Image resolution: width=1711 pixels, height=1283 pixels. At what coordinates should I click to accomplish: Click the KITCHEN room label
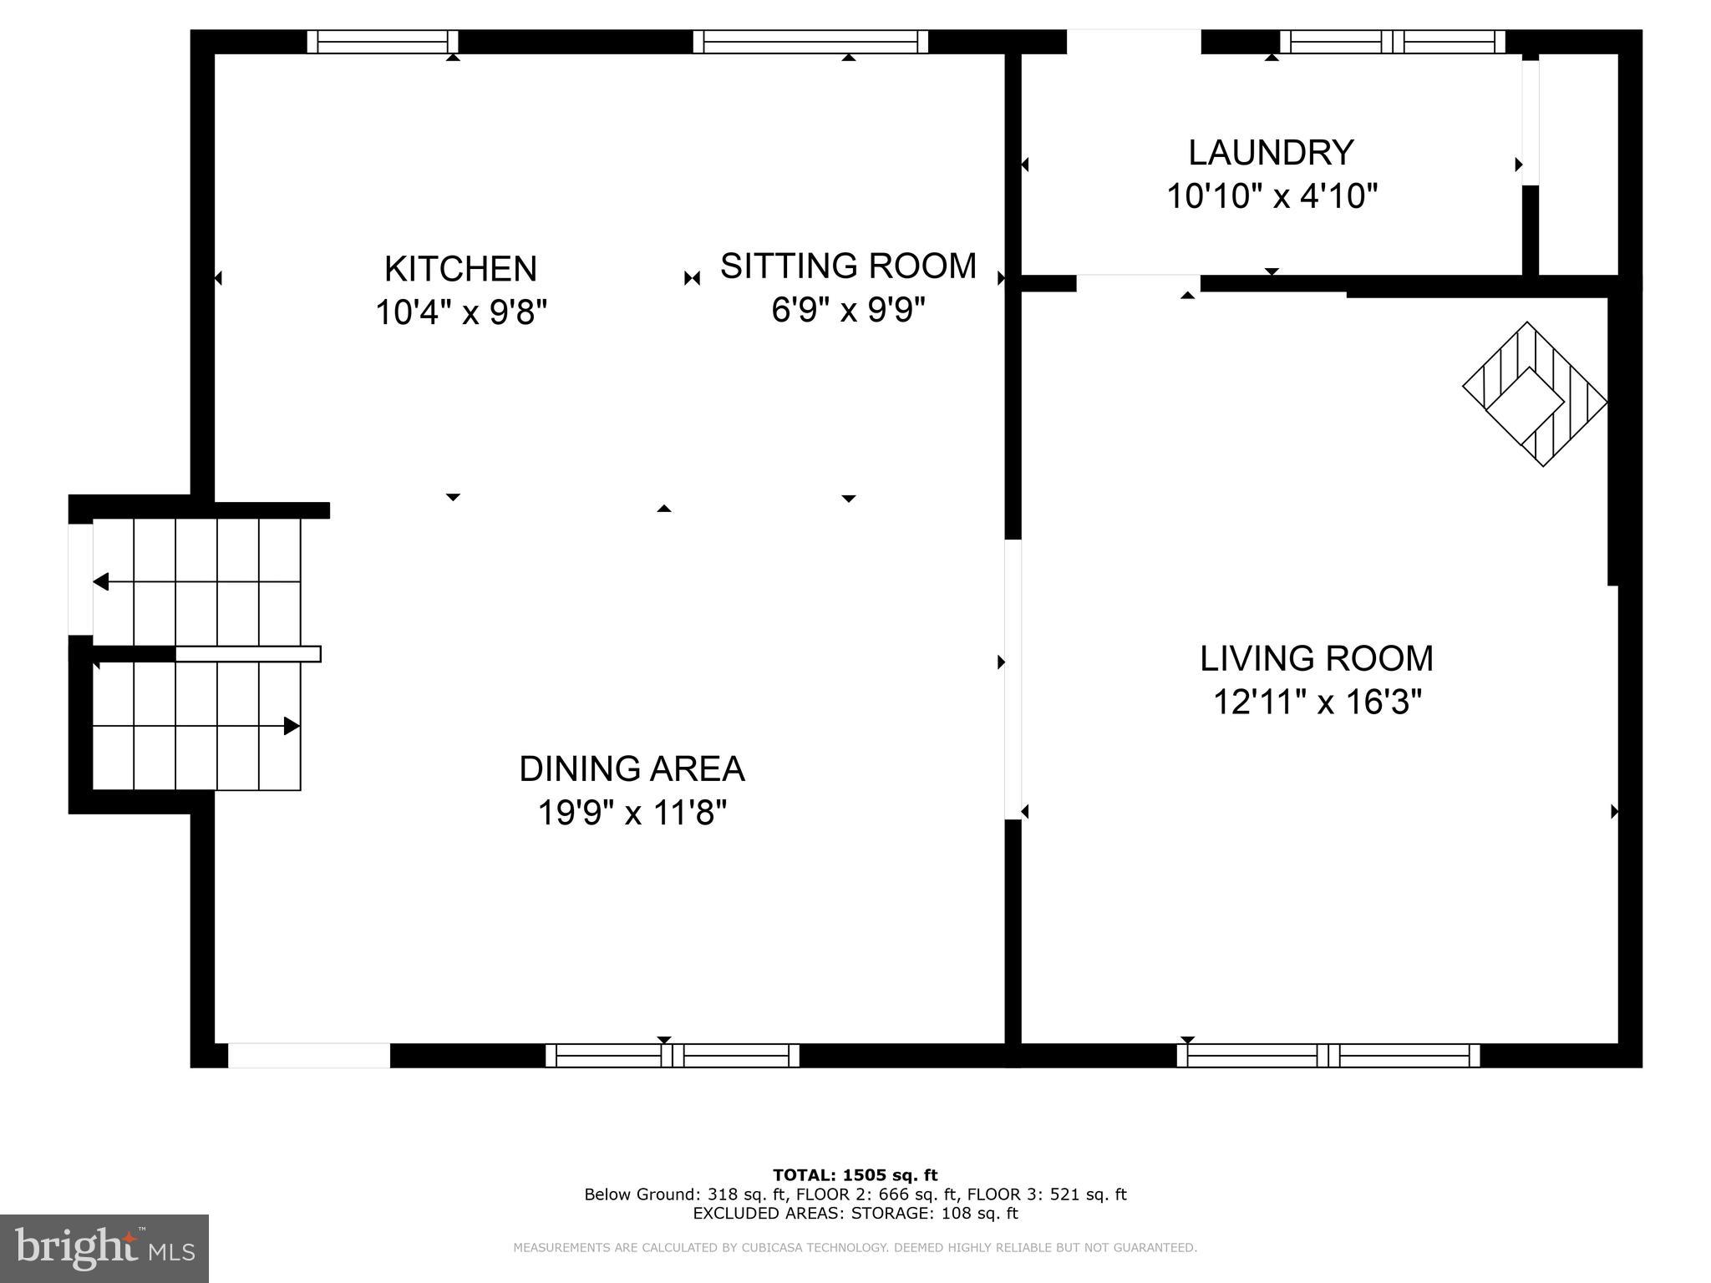460,269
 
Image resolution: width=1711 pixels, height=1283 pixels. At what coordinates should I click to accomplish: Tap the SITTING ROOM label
847,266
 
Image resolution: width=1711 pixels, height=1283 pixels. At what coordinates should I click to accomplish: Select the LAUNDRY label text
1270,153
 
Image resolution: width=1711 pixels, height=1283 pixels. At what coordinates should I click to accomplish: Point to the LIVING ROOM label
1316,658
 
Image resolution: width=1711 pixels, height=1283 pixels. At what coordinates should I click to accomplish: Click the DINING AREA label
632,768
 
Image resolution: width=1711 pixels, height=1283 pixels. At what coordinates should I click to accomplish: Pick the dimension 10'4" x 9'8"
460,313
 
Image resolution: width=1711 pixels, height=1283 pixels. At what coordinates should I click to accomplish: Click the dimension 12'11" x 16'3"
1316,702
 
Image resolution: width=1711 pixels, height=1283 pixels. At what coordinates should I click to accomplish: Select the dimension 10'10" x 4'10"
1270,197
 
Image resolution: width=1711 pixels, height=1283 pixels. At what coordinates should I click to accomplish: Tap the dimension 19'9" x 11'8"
632,813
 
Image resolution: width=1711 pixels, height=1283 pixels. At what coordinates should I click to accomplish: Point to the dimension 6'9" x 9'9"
847,310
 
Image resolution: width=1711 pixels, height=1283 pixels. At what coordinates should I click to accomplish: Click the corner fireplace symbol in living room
1533,393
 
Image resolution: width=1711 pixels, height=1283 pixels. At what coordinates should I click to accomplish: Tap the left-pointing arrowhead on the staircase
101,581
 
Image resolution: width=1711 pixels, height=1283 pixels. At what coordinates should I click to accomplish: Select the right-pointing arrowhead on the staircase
291,726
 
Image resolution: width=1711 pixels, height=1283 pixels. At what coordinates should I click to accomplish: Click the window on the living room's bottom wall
1328,1056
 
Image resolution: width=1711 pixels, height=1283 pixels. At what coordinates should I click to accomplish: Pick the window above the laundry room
1392,42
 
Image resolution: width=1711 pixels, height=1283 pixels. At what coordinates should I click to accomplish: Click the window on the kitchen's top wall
383,42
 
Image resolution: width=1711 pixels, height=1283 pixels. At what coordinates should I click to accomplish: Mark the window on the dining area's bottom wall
672,1056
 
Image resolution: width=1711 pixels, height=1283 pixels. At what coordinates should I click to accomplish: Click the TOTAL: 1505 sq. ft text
855,1175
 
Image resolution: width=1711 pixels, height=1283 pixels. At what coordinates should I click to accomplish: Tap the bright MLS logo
104,1248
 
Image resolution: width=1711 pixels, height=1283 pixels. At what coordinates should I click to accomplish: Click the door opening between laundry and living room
1137,282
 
